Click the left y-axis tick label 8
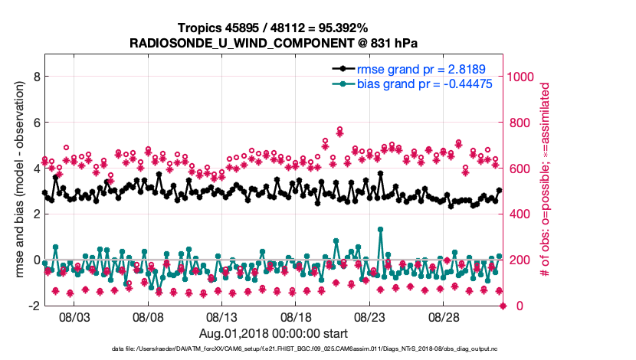coord(35,77)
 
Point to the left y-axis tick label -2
coord(33,306)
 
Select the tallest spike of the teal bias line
coord(380,229)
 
